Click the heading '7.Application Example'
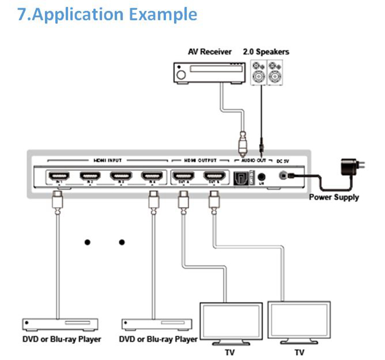tap(107, 14)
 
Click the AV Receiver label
tap(210, 52)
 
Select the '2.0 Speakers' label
tap(266, 52)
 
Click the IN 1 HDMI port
tap(57, 177)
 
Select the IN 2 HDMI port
tap(88, 177)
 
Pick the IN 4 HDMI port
tap(151, 177)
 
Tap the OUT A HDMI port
tap(183, 177)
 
